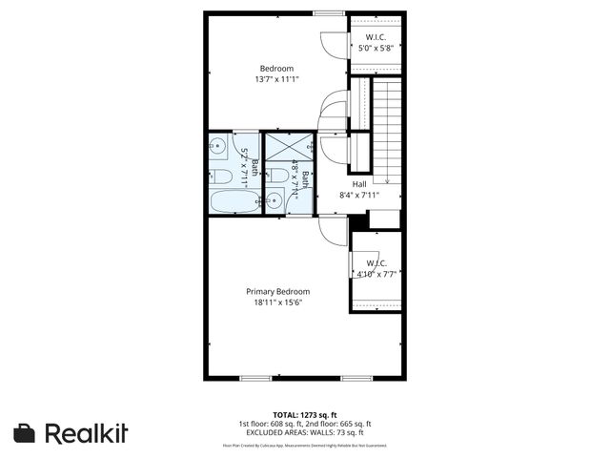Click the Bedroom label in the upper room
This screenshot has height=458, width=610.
pyautogui.click(x=276, y=68)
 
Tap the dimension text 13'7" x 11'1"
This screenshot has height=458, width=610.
pyautogui.click(x=276, y=79)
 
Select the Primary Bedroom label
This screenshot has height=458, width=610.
pyautogui.click(x=277, y=291)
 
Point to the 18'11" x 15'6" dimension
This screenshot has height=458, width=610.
pyautogui.click(x=277, y=302)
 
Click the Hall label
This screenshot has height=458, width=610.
pyautogui.click(x=359, y=184)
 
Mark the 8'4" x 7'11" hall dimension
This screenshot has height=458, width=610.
pyautogui.click(x=359, y=196)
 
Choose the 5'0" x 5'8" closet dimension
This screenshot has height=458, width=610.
pyautogui.click(x=375, y=48)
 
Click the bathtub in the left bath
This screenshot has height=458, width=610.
pyautogui.click(x=233, y=202)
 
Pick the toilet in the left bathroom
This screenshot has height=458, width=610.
pyautogui.click(x=218, y=176)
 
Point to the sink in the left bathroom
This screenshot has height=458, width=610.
pyautogui.click(x=217, y=146)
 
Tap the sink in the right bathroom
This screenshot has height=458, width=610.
pyautogui.click(x=274, y=199)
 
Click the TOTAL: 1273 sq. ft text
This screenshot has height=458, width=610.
pyautogui.click(x=305, y=415)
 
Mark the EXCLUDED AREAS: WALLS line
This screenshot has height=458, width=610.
pyautogui.click(x=305, y=433)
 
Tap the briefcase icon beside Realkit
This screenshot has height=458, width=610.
pyautogui.click(x=26, y=433)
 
